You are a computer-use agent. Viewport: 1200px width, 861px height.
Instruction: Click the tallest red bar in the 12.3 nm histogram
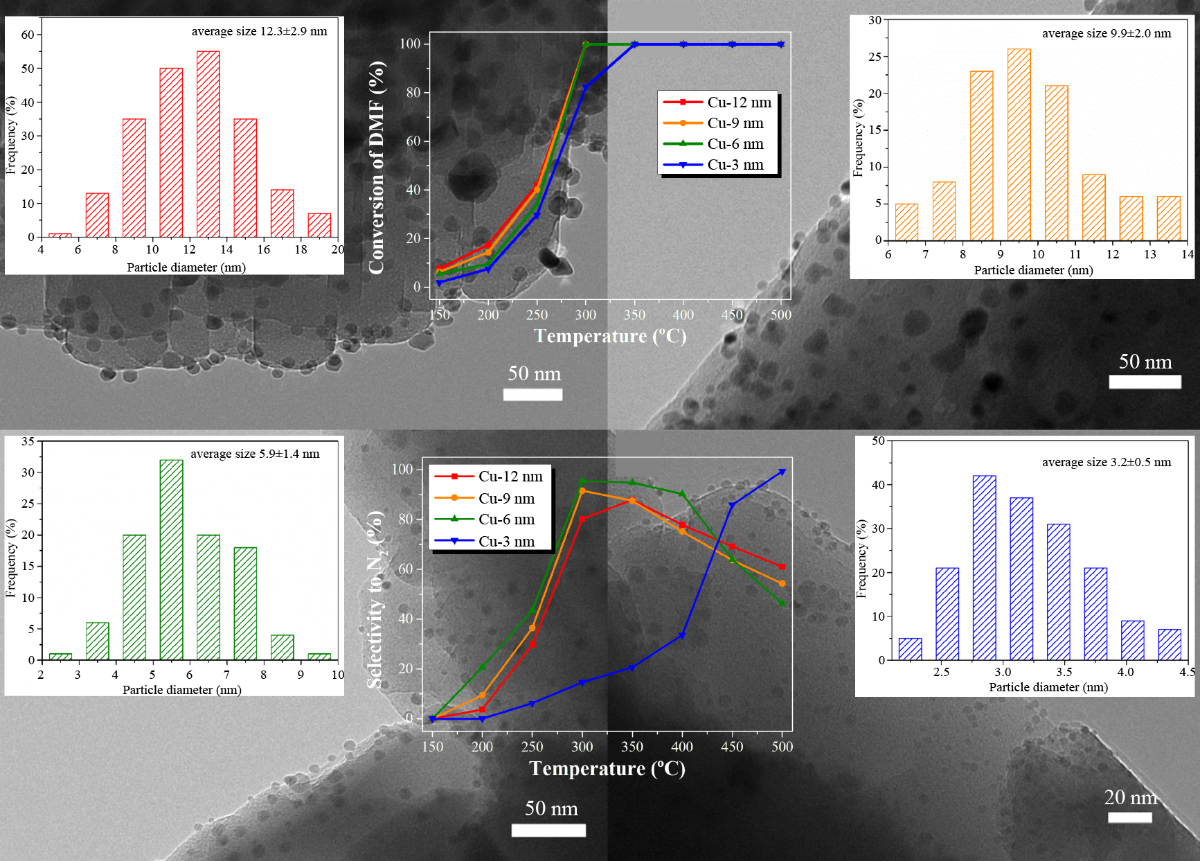click(x=208, y=144)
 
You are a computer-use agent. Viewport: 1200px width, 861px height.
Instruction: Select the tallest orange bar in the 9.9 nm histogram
click(x=1019, y=145)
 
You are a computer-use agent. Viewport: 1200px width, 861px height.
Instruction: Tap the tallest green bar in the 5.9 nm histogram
click(x=171, y=560)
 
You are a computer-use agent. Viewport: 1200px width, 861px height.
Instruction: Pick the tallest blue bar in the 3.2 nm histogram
click(x=984, y=568)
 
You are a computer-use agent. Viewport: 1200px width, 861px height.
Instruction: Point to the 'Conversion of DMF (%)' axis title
click(x=377, y=167)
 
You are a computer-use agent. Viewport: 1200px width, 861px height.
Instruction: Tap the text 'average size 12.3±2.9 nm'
click(x=259, y=31)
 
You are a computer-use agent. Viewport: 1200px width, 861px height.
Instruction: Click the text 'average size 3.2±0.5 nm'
click(x=1106, y=462)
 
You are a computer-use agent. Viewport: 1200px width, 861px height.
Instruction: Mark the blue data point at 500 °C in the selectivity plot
click(x=782, y=472)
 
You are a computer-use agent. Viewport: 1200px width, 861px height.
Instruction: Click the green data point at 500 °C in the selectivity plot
click(x=782, y=603)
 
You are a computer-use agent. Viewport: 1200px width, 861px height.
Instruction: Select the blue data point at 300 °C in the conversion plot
click(x=585, y=88)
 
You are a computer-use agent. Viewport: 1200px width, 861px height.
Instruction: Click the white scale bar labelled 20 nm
click(x=1129, y=817)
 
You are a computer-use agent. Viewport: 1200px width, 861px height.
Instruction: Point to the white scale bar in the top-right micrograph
click(x=1145, y=382)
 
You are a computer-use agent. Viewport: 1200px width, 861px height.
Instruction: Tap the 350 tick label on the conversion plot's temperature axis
click(x=634, y=314)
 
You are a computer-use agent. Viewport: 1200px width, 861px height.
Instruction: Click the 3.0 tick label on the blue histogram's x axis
click(x=1002, y=672)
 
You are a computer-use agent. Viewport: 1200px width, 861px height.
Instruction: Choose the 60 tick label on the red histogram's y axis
click(x=28, y=35)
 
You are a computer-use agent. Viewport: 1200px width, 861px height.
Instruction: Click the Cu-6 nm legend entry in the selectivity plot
click(x=492, y=520)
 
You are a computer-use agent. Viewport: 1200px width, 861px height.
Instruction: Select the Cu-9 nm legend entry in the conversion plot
click(x=719, y=123)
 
